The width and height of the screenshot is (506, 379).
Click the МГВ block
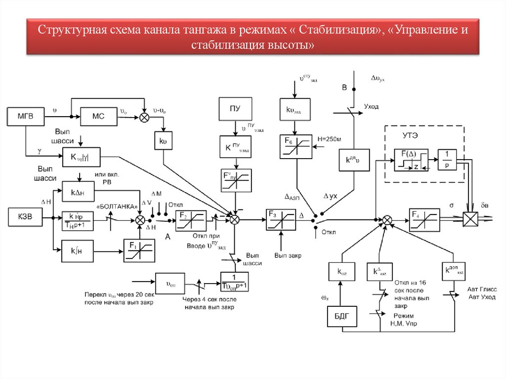(25, 116)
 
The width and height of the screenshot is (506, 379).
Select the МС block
(97, 117)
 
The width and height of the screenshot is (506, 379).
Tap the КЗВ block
(25, 217)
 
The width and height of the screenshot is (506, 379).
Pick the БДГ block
(341, 317)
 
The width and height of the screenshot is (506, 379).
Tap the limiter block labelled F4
(423, 218)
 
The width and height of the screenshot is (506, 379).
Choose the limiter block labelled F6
(295, 146)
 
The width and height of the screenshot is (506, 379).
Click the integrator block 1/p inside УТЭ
(447, 159)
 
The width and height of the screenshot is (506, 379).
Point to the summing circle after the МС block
(144, 117)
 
